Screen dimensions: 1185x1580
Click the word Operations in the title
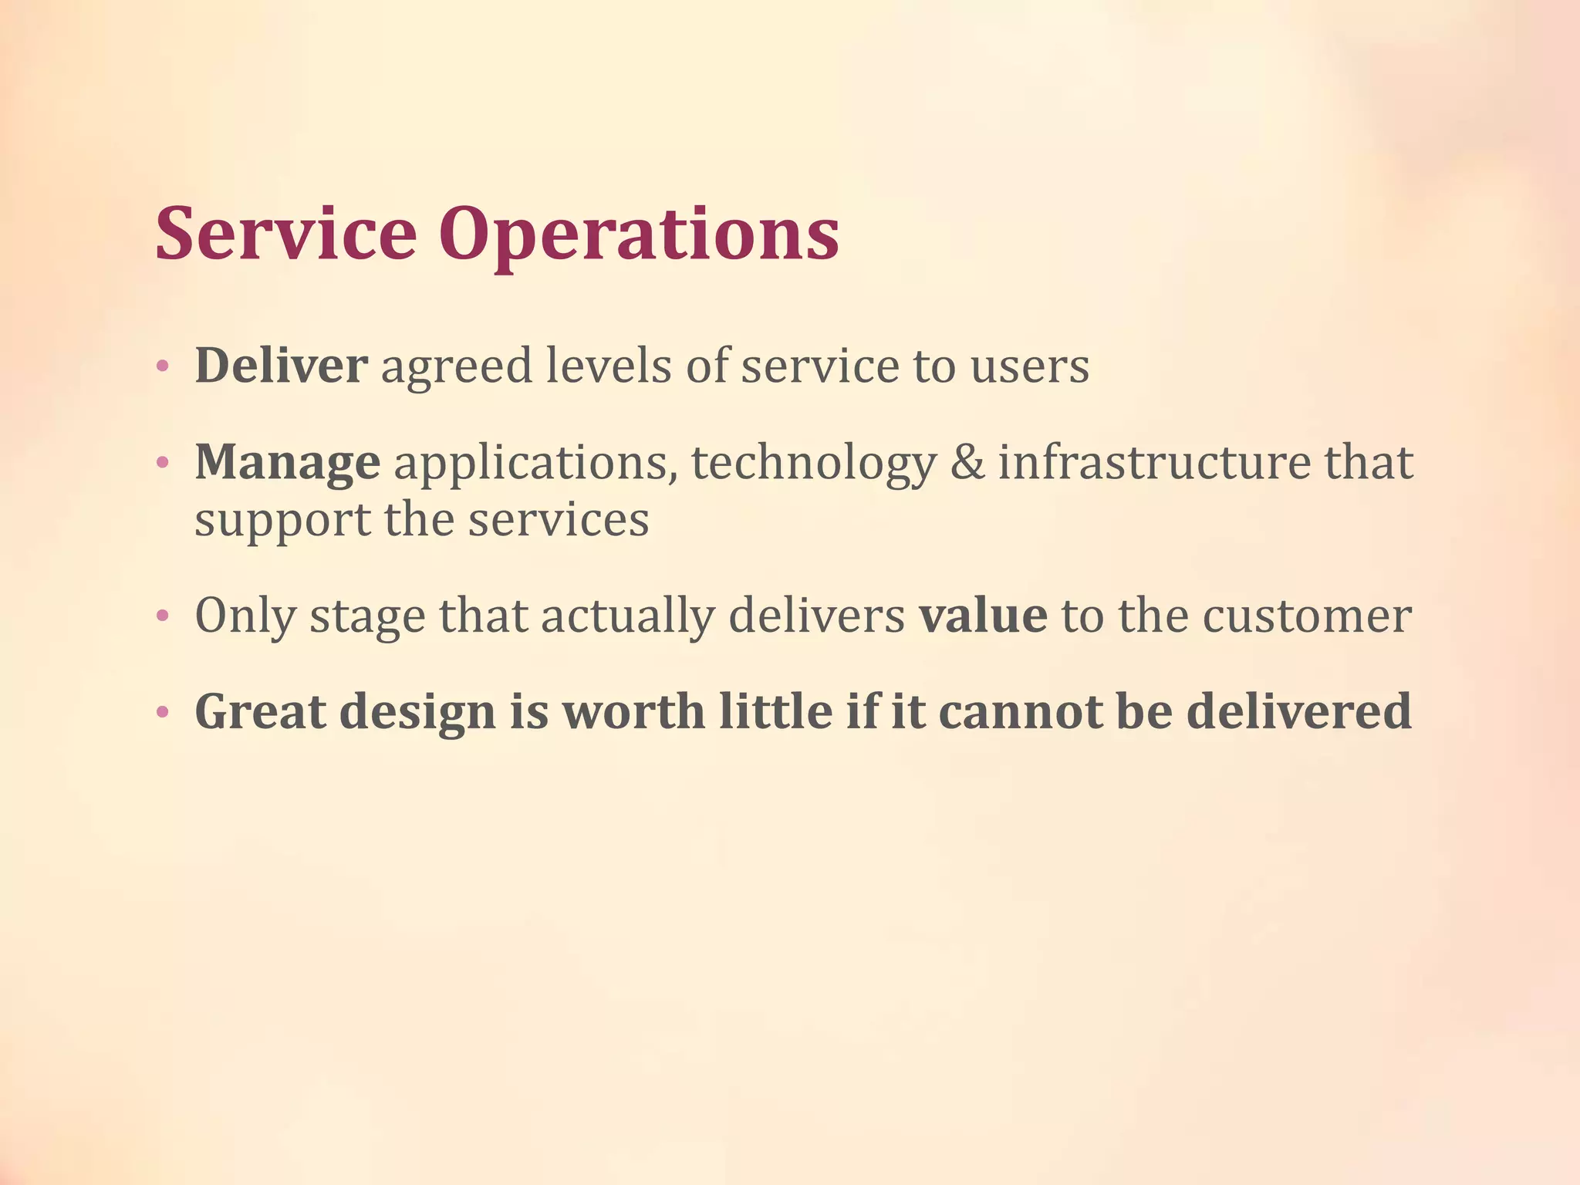click(x=639, y=235)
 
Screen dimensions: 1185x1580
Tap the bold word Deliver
click(x=281, y=365)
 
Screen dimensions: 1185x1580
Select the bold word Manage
click(x=287, y=463)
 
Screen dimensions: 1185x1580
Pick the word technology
click(x=813, y=463)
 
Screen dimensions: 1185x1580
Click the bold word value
click(x=982, y=615)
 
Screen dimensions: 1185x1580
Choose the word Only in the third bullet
click(x=245, y=616)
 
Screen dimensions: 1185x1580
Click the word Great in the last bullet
click(x=260, y=711)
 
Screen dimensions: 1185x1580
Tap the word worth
click(x=633, y=711)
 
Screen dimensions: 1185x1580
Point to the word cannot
click(x=1020, y=711)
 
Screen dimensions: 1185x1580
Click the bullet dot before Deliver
click(x=162, y=366)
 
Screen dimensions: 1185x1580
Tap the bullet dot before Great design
click(x=162, y=712)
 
